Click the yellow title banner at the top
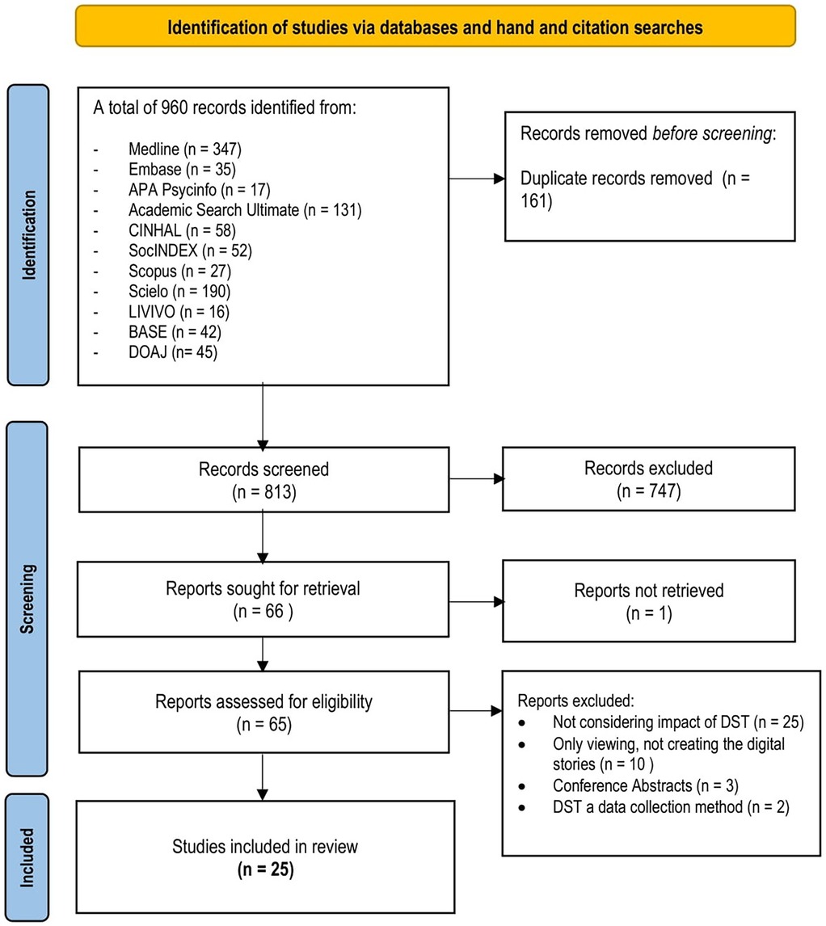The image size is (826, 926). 434,27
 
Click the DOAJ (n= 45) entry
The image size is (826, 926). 172,351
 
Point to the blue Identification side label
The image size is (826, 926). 30,234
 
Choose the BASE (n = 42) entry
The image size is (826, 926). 172,331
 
